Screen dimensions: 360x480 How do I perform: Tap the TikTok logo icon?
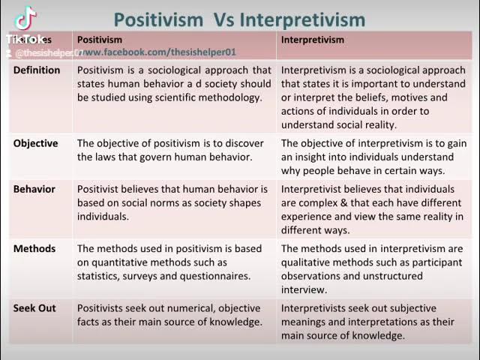click(25, 19)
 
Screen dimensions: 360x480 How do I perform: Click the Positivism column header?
click(100, 40)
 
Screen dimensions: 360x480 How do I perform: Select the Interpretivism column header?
click(313, 40)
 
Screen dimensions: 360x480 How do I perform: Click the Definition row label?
click(37, 70)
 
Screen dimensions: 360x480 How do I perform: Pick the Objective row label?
click(35, 143)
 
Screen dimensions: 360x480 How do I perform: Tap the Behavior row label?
click(34, 189)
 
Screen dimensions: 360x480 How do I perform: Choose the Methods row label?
click(34, 249)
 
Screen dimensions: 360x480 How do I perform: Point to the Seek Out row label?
click(36, 308)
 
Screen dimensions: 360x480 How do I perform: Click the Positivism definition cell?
click(174, 84)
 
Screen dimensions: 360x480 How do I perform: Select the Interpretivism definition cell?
click(373, 97)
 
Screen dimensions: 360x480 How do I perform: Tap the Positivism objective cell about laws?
click(170, 150)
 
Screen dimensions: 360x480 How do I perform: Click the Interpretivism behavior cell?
click(372, 209)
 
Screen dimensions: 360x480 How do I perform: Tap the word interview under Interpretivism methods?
click(304, 290)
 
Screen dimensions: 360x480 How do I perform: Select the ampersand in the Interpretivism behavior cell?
click(330, 203)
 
